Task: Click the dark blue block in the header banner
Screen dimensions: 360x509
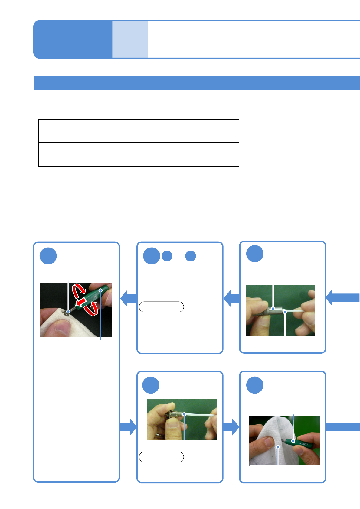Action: [73, 39]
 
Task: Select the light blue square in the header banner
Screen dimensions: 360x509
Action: [130, 39]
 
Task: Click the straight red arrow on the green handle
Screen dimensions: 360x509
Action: [80, 302]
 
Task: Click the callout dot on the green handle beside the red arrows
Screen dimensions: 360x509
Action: [101, 290]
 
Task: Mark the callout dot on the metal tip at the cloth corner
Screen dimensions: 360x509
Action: [68, 312]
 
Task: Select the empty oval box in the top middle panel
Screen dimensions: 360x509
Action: [161, 307]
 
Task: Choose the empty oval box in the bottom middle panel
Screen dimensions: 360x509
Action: [161, 457]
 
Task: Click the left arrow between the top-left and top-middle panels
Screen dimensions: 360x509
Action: [128, 298]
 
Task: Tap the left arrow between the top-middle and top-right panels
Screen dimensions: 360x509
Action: [231, 298]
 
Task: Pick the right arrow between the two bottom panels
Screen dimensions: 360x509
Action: [231, 427]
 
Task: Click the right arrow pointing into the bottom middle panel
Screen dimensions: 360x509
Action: [128, 427]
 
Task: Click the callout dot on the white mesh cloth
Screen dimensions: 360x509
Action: [278, 447]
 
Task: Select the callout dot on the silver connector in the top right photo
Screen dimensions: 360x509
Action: [273, 309]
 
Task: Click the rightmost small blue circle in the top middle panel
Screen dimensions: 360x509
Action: [190, 256]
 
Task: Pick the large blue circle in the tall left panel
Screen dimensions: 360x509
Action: [48, 256]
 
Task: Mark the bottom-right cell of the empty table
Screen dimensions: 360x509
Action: [193, 160]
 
